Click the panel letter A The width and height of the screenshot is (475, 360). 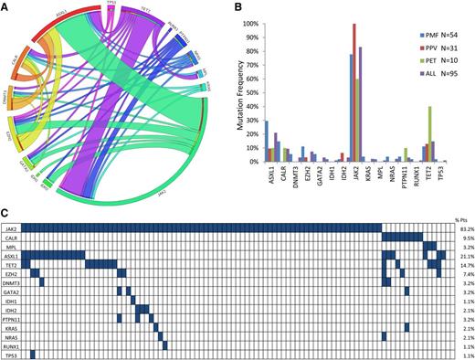(5, 6)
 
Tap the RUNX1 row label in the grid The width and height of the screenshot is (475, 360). (11, 345)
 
